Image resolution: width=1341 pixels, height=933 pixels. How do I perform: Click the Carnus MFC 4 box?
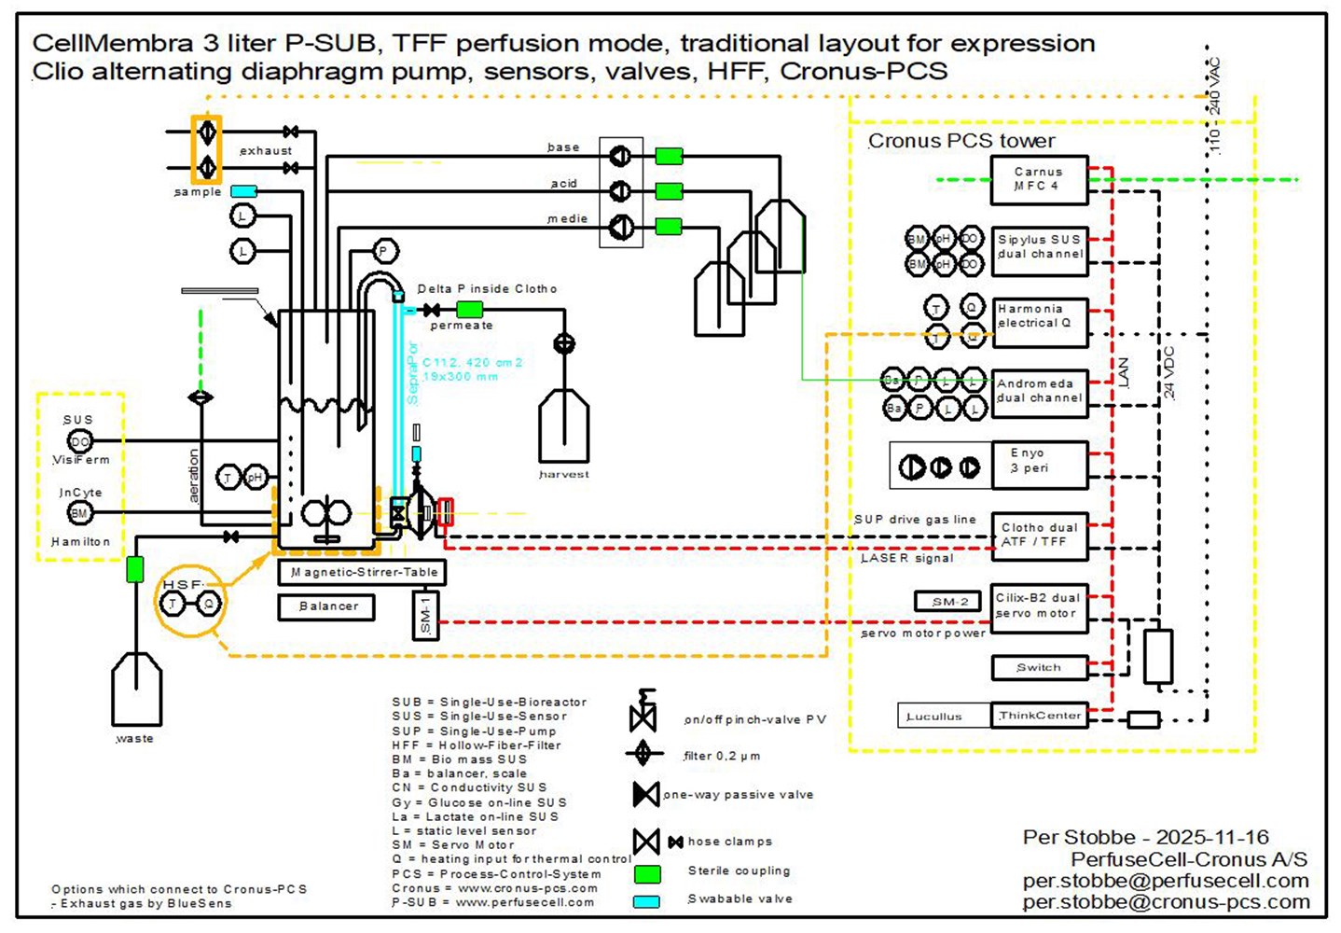1039,180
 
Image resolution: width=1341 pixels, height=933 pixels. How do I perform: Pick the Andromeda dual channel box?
1039,391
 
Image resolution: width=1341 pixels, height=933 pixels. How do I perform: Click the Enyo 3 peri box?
1039,465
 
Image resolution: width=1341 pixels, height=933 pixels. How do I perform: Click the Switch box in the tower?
1039,668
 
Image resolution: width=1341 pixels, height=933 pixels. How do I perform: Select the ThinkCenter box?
1039,716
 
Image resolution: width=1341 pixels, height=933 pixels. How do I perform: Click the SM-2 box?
947,602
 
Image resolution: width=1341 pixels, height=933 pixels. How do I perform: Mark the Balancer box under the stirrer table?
326,606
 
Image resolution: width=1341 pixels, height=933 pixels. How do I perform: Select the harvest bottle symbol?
563,425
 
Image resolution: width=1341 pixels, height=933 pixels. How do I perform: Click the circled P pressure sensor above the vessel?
383,251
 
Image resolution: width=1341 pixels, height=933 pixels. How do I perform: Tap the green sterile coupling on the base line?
669,156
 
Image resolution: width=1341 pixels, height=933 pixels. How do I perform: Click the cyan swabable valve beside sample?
243,191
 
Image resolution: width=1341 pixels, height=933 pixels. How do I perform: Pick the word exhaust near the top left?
266,150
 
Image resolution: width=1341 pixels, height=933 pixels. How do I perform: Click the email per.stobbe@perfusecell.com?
1166,881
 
